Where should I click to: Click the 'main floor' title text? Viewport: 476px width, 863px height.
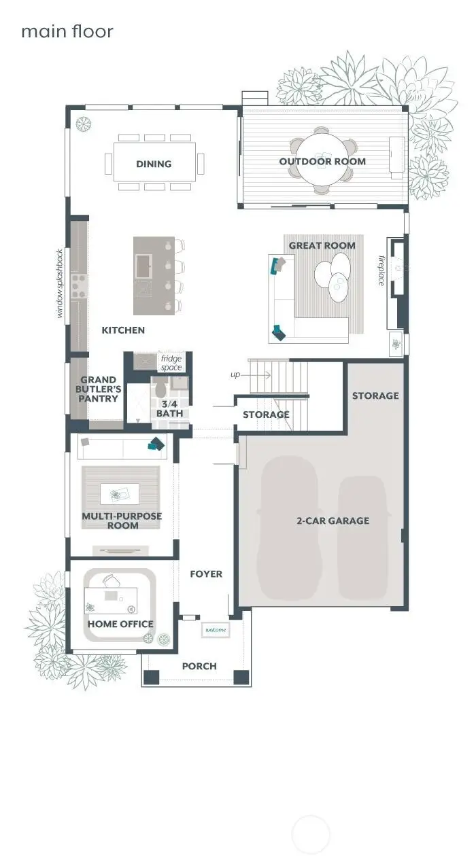click(x=67, y=31)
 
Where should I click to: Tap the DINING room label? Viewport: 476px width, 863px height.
click(x=154, y=164)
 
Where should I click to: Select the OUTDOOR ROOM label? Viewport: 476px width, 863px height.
click(x=322, y=162)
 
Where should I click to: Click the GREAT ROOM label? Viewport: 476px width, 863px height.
click(x=322, y=245)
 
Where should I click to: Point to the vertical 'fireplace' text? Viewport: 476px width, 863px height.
click(x=382, y=270)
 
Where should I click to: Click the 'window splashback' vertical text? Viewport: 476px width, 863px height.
click(x=60, y=283)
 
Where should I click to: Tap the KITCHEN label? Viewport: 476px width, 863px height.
click(x=123, y=330)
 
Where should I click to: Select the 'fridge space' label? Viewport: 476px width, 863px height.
click(x=171, y=363)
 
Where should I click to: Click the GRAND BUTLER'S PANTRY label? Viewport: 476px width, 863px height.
click(x=99, y=389)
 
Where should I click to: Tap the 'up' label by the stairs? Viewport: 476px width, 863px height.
click(x=235, y=374)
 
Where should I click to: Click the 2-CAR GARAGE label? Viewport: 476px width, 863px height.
click(x=333, y=521)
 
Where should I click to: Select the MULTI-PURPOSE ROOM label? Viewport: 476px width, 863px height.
click(x=122, y=521)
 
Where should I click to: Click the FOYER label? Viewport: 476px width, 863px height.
click(x=206, y=574)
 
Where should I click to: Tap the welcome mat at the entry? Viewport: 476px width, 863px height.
click(x=216, y=631)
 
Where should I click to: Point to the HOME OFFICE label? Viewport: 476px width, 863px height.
click(x=120, y=624)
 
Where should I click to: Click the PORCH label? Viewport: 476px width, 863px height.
click(x=199, y=666)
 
